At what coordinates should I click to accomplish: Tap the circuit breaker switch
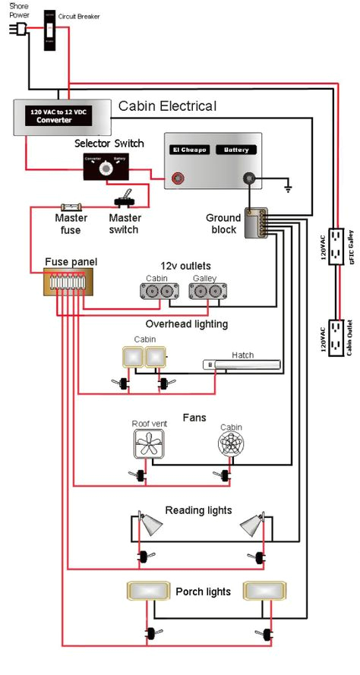[49, 30]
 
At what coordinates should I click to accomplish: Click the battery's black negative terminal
[248, 179]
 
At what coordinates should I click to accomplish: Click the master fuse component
[72, 206]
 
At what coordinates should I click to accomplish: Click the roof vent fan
[149, 444]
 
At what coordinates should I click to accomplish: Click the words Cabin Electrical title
[167, 106]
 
